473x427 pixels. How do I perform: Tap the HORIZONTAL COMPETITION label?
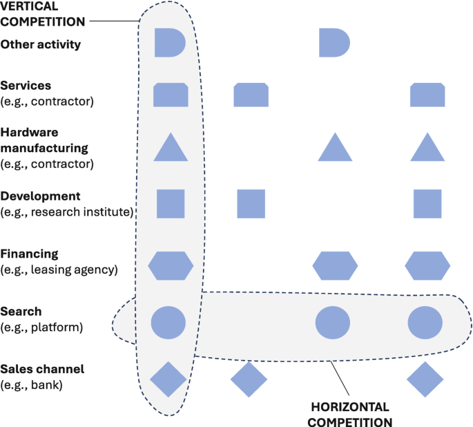tap(350, 414)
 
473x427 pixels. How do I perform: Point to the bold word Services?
tap(26, 86)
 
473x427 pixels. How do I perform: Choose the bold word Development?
tap(41, 196)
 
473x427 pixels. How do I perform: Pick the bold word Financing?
tap(29, 254)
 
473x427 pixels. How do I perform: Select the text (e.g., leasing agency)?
tap(60, 269)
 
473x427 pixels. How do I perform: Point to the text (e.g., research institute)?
tap(66, 211)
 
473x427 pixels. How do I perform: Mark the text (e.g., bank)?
tap(32, 384)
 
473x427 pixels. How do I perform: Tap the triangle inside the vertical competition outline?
tap(170, 147)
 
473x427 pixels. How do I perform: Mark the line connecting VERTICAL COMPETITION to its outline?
tap(114, 21)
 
